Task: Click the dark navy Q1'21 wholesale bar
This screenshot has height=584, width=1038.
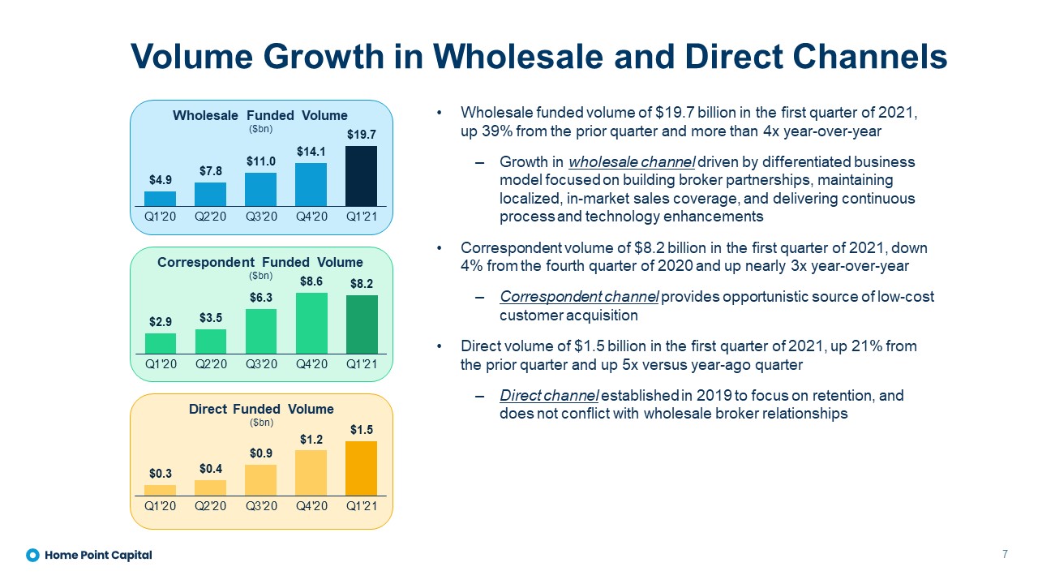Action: click(x=361, y=176)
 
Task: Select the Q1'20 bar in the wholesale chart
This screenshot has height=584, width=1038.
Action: click(x=160, y=199)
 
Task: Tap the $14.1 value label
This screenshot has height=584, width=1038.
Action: click(x=311, y=152)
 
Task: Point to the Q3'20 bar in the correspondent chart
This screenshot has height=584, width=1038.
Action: click(x=260, y=331)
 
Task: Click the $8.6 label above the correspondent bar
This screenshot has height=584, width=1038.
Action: click(x=311, y=281)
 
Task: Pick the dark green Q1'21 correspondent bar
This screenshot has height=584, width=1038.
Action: click(x=361, y=324)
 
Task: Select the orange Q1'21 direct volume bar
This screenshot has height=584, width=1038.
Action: click(x=361, y=468)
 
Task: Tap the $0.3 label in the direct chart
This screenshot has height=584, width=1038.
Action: click(x=160, y=473)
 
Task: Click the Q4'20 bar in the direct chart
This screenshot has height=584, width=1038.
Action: click(x=311, y=472)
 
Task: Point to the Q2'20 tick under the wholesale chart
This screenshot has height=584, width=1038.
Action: click(x=210, y=217)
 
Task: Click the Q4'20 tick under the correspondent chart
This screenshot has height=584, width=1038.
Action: click(x=311, y=363)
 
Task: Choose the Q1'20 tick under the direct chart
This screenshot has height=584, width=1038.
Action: click(x=160, y=505)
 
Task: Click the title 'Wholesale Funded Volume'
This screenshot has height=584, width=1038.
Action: click(x=259, y=115)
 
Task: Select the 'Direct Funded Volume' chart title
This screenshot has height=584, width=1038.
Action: click(x=261, y=409)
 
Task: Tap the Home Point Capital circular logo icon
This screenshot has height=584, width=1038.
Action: click(x=32, y=556)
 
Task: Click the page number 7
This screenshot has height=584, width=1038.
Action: click(x=1005, y=555)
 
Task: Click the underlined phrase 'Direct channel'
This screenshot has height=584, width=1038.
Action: click(x=549, y=396)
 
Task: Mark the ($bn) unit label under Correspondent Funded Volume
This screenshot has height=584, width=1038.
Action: click(x=260, y=276)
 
